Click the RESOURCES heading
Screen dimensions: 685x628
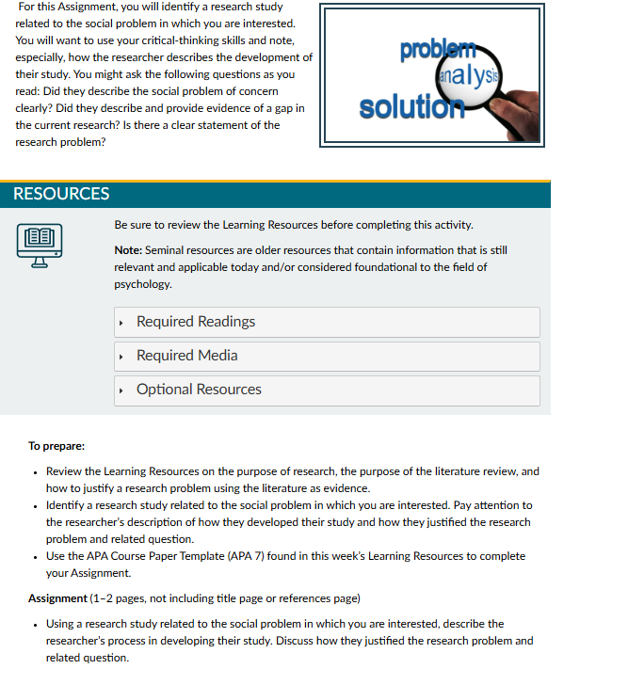click(61, 194)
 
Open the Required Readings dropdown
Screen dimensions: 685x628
click(196, 322)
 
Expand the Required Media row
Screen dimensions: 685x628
click(186, 356)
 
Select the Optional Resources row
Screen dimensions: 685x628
click(199, 390)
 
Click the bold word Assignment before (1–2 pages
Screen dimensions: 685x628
click(57, 598)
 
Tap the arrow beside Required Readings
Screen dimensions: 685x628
click(122, 323)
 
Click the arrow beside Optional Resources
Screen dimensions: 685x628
click(122, 390)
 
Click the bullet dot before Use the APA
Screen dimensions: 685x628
click(35, 556)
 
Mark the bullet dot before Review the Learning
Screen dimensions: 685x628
click(35, 471)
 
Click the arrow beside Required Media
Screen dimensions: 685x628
click(122, 357)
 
